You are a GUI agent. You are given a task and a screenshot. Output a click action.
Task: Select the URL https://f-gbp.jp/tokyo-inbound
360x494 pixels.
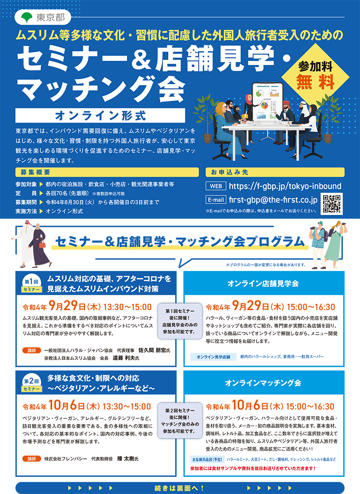[x=285, y=186]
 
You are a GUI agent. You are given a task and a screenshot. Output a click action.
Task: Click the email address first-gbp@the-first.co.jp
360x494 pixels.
[x=273, y=200]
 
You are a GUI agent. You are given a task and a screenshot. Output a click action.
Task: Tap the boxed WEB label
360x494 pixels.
[x=216, y=186]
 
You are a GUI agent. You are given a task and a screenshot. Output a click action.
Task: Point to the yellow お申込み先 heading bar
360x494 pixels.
[x=274, y=172]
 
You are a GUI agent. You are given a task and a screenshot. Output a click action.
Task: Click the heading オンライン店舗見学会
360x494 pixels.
[x=263, y=284]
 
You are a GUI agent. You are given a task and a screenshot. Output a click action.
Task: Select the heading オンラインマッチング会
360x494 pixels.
[x=263, y=383]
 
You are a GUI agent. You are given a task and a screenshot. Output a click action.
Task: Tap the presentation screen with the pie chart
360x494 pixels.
[x=268, y=101]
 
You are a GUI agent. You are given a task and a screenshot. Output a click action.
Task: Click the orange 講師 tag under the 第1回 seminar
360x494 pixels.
[x=31, y=349]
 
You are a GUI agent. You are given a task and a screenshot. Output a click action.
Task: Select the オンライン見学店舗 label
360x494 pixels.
[x=213, y=357]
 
